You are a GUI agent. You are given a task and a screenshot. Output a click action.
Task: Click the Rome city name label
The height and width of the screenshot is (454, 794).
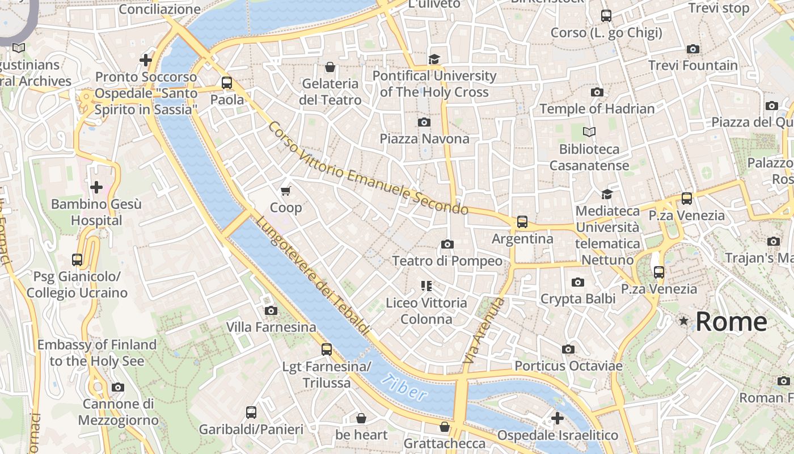[731, 322]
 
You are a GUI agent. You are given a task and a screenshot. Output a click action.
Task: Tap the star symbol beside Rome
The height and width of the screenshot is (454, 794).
[684, 322]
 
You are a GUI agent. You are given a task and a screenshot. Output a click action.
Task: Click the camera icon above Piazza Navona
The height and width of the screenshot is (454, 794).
[424, 123]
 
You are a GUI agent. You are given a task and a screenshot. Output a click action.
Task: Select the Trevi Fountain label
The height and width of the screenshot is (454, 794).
[693, 66]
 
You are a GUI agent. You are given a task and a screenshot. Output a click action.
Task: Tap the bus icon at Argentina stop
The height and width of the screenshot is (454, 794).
[522, 222]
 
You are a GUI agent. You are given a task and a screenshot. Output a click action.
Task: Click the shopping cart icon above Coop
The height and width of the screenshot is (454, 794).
[286, 191]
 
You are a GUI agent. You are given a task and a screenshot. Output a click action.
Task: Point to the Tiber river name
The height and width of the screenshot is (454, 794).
[404, 388]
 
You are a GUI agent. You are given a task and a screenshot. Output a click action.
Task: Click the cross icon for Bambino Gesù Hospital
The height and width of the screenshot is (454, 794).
[96, 187]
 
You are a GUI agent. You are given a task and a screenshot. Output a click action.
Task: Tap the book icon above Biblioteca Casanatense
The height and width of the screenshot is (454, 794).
[589, 132]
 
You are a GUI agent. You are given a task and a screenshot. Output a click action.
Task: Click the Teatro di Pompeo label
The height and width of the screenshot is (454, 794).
[447, 261]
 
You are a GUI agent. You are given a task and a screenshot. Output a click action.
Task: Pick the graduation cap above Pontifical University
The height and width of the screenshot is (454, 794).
[434, 60]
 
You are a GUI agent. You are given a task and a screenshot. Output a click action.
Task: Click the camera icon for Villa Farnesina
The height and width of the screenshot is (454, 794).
[271, 311]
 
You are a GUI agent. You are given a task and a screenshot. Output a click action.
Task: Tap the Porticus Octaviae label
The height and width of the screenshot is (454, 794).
[568, 366]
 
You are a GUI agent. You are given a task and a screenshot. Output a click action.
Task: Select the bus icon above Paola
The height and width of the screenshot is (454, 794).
[227, 83]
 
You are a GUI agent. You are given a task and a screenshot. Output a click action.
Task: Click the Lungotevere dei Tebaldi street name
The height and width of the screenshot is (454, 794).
[313, 276]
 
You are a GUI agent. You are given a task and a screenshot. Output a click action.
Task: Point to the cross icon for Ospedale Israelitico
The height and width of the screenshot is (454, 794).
[558, 418]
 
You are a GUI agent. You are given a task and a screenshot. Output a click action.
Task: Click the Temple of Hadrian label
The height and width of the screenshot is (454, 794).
[597, 108]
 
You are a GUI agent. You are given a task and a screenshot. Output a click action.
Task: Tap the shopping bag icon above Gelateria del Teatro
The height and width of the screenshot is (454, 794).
[330, 67]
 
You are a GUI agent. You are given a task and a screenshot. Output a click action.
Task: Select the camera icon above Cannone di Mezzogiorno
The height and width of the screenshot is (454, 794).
[118, 388]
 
